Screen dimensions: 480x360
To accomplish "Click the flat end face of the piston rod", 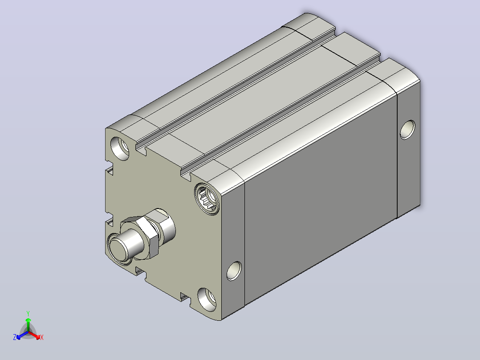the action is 118,249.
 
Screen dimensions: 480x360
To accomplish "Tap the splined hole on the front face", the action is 207,199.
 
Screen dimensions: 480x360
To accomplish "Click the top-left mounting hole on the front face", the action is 119,148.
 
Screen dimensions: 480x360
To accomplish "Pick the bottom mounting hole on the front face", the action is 207,299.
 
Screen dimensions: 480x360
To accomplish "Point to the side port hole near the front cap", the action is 234,271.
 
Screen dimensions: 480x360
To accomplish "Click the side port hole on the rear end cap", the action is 408,130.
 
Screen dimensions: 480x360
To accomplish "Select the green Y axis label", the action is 28,313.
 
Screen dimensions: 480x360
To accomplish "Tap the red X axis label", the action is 42,337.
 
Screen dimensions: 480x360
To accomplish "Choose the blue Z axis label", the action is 15,337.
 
